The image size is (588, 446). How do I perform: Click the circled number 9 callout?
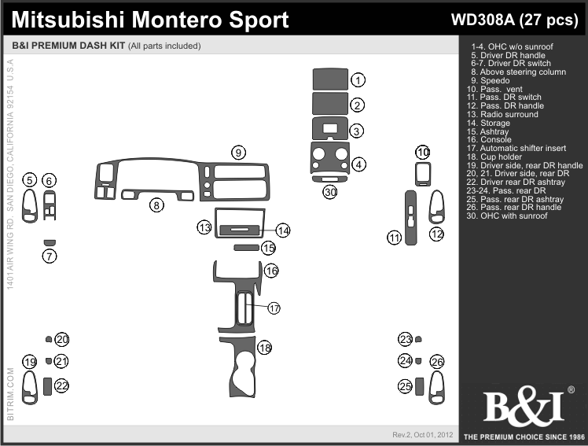tap(238, 153)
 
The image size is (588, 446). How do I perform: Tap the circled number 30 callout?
tap(330, 192)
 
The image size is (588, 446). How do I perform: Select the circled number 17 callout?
tap(274, 308)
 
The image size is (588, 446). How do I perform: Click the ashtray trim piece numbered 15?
tap(246, 248)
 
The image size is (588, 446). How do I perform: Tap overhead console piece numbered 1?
tap(330, 79)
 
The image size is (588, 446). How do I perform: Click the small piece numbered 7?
tap(50, 243)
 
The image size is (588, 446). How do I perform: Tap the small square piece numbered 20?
tap(49, 339)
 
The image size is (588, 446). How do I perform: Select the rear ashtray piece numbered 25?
tap(419, 386)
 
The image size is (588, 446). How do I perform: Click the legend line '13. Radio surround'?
tap(502, 114)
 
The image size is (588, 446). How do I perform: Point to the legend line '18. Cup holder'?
tap(494, 157)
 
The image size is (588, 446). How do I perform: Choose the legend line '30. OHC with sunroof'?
tap(506, 216)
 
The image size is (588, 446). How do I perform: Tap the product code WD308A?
tap(483, 20)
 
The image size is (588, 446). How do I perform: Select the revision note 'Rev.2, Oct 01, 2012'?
tap(423, 435)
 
